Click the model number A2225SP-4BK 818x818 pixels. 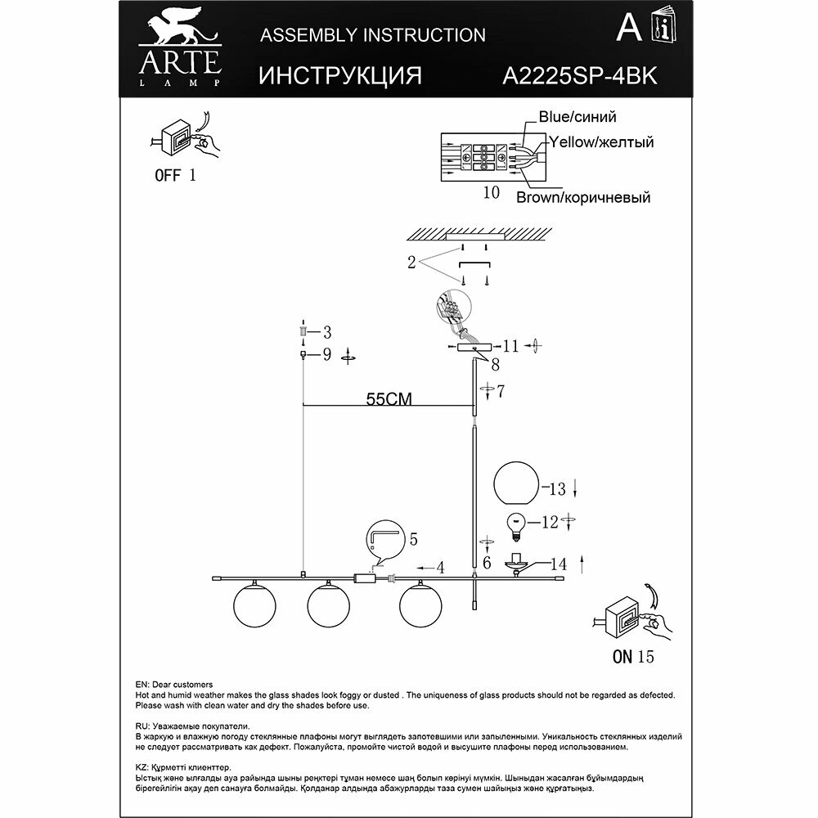[578, 75]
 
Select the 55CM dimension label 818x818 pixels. [388, 399]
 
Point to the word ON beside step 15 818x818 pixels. [622, 655]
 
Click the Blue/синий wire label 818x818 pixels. [577, 118]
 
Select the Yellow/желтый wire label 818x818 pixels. [601, 142]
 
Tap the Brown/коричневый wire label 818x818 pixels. [582, 198]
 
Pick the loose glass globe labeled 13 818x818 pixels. [516, 483]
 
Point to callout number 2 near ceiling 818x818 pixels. [411, 263]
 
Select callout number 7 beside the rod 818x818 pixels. [500, 391]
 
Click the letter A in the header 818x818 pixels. [627, 30]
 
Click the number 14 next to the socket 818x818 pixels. [558, 563]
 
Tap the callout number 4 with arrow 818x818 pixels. [439, 566]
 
